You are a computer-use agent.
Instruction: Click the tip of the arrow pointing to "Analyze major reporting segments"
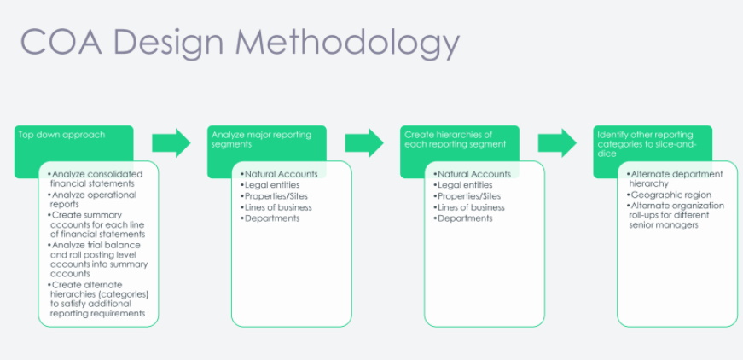click(x=190, y=142)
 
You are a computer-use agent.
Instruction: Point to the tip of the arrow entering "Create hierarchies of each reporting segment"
click(x=383, y=142)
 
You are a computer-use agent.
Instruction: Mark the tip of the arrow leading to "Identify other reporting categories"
click(x=576, y=142)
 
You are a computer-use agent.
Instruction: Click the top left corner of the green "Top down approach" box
click(x=15, y=125)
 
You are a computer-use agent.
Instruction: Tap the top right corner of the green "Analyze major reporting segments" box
click(x=327, y=125)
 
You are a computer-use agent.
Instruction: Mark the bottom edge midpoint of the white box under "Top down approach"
click(x=98, y=327)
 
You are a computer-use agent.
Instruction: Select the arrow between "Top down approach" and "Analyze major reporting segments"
click(x=171, y=142)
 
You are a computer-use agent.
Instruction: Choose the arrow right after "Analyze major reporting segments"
click(x=364, y=142)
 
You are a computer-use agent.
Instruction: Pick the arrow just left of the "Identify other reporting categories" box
click(x=557, y=142)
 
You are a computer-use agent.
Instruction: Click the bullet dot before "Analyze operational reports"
click(x=49, y=195)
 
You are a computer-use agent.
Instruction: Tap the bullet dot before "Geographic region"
click(x=629, y=195)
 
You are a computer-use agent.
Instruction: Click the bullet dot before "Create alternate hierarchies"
click(x=49, y=285)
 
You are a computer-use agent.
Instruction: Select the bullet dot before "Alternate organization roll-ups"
click(x=629, y=206)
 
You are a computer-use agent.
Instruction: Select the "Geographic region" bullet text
click(x=671, y=195)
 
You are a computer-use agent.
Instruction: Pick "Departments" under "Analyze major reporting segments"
click(x=272, y=218)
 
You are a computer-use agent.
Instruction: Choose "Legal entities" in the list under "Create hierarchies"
click(x=465, y=185)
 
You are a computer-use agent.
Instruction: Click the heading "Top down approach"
click(x=61, y=135)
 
